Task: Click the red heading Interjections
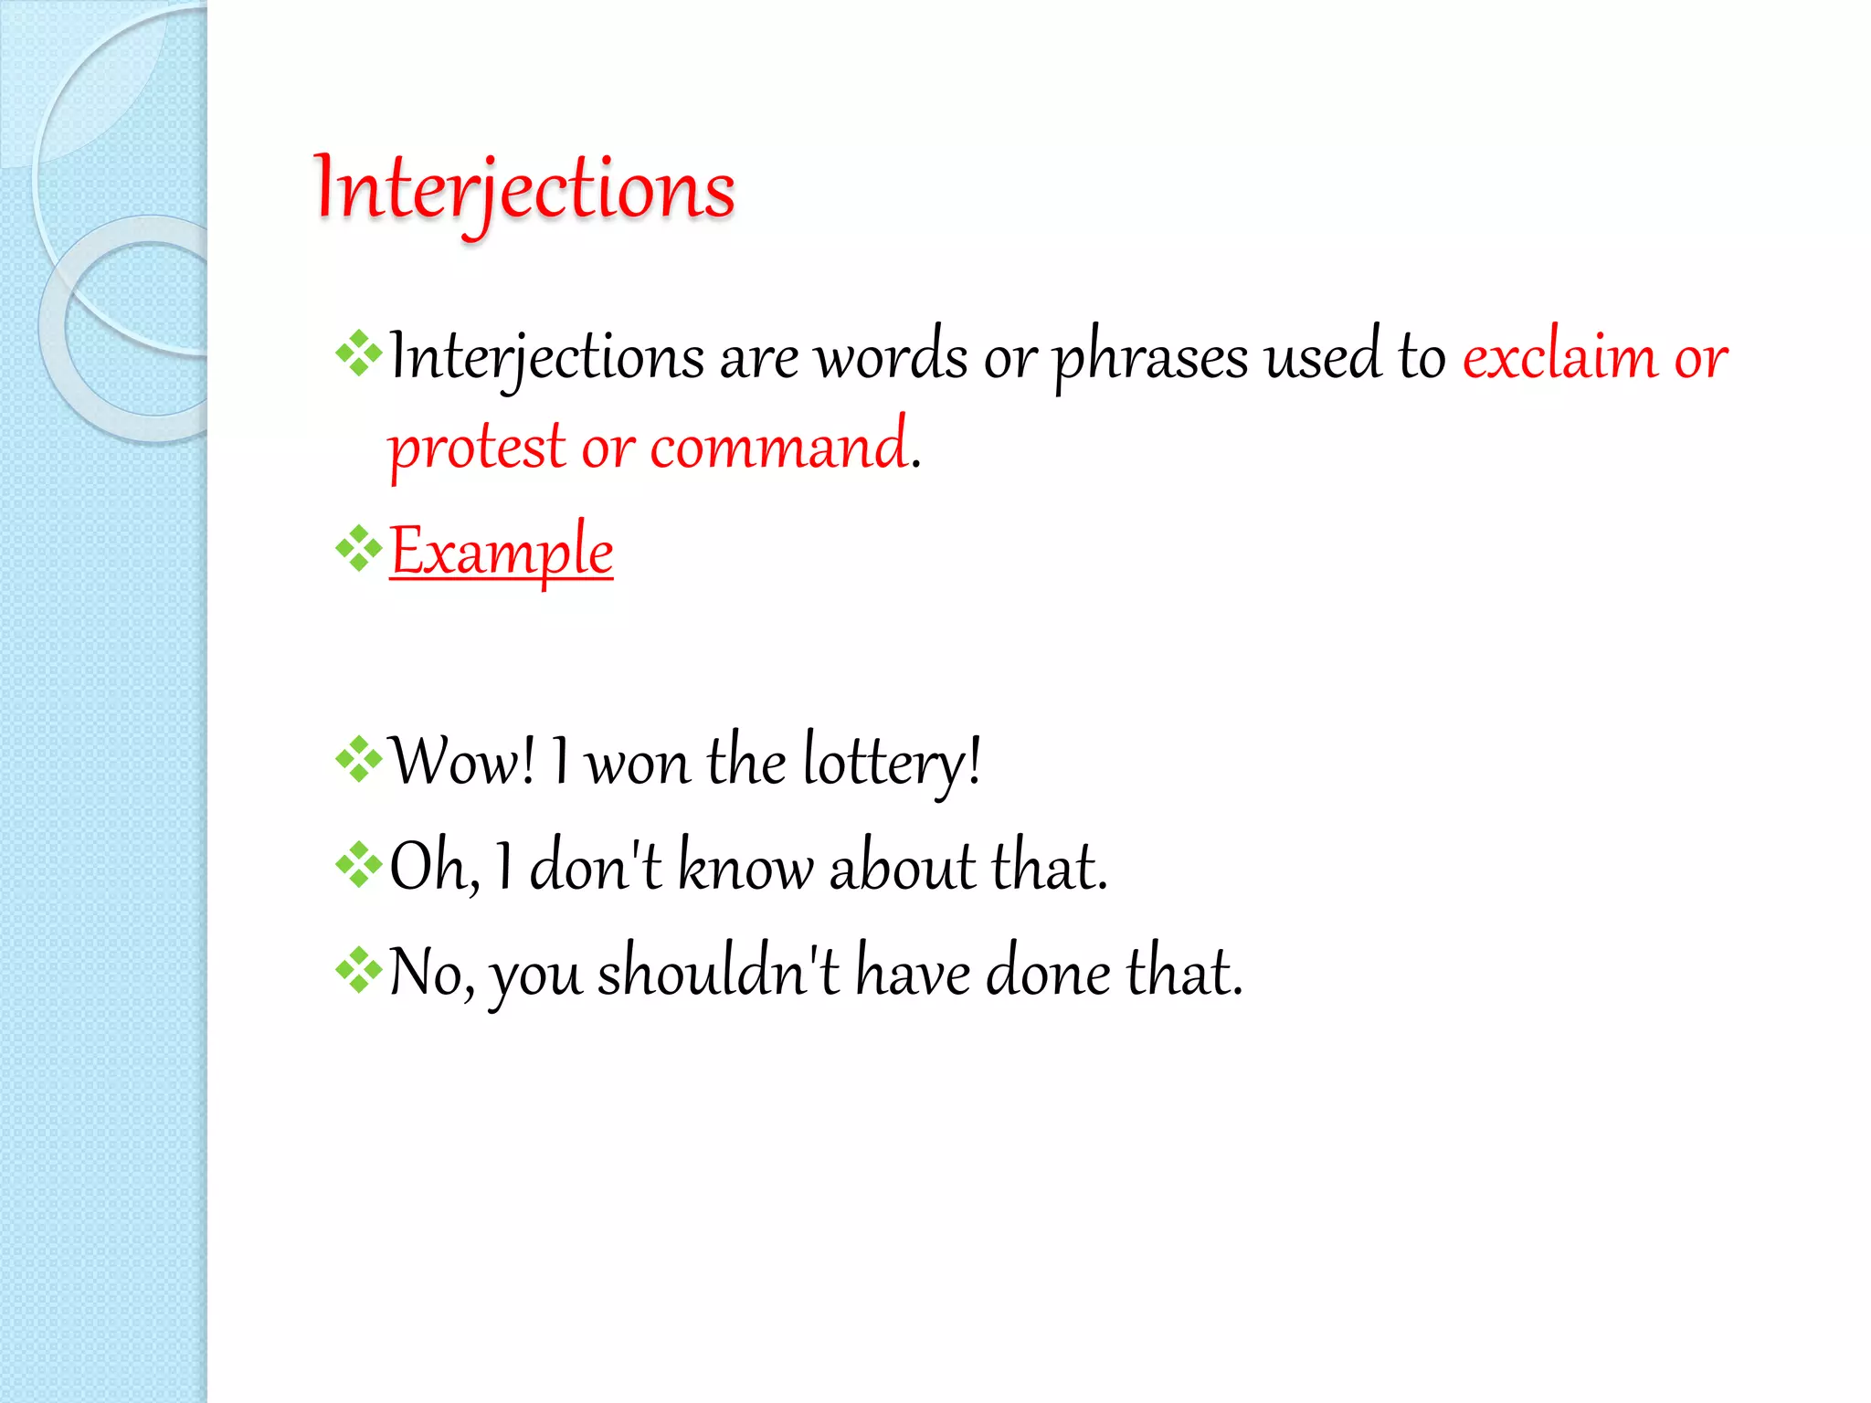pyautogui.click(x=524, y=189)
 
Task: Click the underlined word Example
pyautogui.click(x=501, y=551)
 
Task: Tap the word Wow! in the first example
pyautogui.click(x=462, y=761)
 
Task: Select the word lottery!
pyautogui.click(x=892, y=761)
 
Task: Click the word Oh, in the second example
pyautogui.click(x=434, y=867)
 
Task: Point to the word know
pyautogui.click(x=744, y=867)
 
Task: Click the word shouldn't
pyautogui.click(x=718, y=972)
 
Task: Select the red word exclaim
pyautogui.click(x=1559, y=356)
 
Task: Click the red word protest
pyautogui.click(x=477, y=448)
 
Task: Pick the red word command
pyautogui.click(x=778, y=448)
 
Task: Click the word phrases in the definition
pyautogui.click(x=1150, y=356)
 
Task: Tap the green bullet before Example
pyautogui.click(x=358, y=548)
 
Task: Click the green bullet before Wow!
pyautogui.click(x=358, y=759)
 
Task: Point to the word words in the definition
pyautogui.click(x=891, y=356)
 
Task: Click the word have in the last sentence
pyautogui.click(x=913, y=972)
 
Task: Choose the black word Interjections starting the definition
pyautogui.click(x=546, y=356)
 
